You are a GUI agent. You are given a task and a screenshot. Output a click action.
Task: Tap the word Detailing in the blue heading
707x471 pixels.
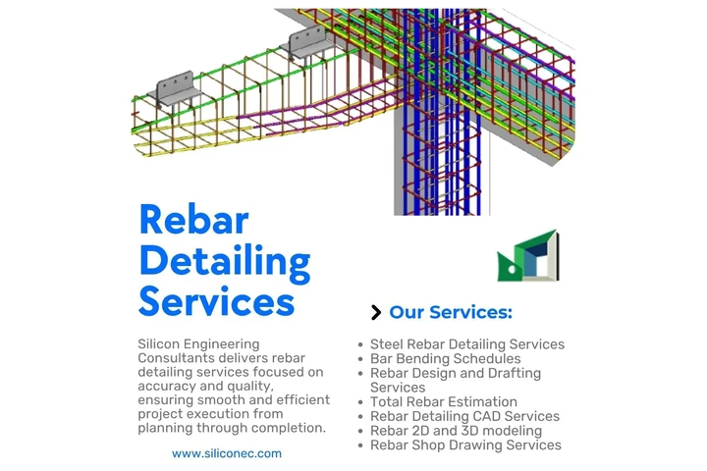(x=224, y=261)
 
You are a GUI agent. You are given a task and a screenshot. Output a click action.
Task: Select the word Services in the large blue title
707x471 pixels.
(x=216, y=300)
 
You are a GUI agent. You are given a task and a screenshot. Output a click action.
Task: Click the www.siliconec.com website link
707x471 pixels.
(x=227, y=453)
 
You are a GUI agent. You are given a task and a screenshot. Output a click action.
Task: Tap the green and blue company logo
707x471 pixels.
(x=527, y=256)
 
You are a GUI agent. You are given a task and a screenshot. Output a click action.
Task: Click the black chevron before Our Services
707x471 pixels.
(x=376, y=313)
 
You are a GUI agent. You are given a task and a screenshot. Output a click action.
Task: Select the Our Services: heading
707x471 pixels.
(x=451, y=313)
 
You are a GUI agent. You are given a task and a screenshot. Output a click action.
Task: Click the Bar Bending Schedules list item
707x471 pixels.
(x=445, y=359)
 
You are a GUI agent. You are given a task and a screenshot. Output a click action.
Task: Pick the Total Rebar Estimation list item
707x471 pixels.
(x=443, y=401)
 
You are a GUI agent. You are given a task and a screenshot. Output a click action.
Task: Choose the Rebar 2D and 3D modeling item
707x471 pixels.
(x=456, y=430)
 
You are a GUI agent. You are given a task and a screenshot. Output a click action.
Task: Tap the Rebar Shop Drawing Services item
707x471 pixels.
(x=465, y=445)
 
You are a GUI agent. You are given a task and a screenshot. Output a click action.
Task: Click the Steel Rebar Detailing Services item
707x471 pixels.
(x=466, y=344)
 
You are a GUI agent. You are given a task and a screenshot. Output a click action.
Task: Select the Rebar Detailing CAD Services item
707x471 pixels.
(x=464, y=416)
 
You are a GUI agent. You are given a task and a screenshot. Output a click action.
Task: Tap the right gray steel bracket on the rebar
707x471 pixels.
(x=306, y=43)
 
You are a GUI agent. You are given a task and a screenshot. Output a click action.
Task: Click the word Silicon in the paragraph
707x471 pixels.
(x=162, y=344)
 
